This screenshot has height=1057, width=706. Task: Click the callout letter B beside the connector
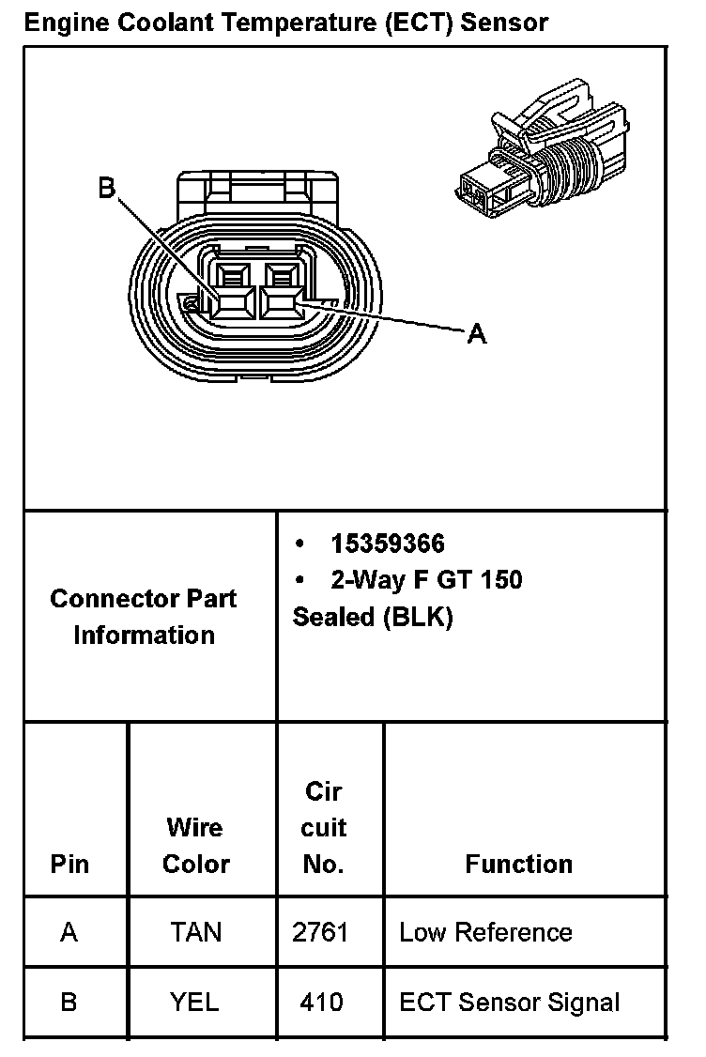tap(107, 189)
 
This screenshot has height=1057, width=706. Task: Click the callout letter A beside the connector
tap(477, 333)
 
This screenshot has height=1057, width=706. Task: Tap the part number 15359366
tap(387, 544)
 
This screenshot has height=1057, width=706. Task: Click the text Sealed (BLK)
tap(373, 618)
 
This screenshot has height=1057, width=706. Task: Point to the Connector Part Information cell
tap(144, 617)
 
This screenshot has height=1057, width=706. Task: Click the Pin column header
tap(70, 864)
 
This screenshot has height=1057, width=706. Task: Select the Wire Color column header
tap(195, 845)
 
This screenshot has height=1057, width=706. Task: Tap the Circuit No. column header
tap(324, 827)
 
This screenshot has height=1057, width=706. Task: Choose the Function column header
tap(518, 864)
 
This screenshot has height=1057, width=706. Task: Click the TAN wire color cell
tap(195, 932)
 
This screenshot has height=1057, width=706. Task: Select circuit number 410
tap(321, 1002)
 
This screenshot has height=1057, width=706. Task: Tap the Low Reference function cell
tap(485, 932)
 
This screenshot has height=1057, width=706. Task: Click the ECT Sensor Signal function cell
tap(509, 1002)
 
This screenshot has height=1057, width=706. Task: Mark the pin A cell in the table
tap(69, 932)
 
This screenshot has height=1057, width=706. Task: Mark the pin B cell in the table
tap(69, 1002)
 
